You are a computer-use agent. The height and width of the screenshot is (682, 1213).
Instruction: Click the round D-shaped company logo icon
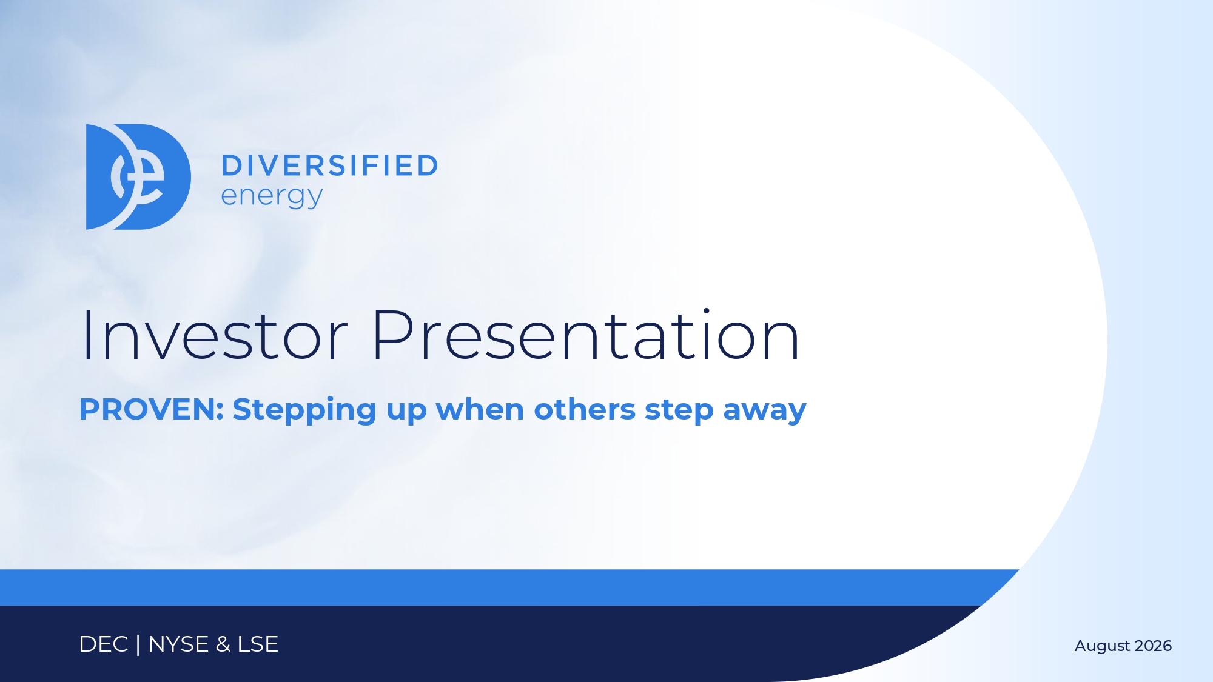138,177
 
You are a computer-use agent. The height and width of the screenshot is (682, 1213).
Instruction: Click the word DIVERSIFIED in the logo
330,166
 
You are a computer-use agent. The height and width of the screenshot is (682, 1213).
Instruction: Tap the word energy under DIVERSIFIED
272,196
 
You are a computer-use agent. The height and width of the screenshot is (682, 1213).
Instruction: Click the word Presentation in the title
586,335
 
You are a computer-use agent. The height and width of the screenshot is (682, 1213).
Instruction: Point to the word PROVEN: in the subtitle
152,409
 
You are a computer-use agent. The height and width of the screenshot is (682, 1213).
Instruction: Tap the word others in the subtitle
585,409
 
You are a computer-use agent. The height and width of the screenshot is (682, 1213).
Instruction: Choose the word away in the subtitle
765,412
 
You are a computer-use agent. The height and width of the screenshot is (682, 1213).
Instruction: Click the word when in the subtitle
480,409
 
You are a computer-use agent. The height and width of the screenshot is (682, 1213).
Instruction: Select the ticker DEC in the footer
104,644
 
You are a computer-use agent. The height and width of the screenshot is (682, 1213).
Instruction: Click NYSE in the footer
178,644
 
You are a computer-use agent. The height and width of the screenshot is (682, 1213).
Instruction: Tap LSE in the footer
258,644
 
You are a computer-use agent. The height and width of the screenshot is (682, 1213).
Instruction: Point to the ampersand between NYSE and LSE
223,644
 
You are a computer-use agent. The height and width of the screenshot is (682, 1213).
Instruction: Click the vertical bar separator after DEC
138,644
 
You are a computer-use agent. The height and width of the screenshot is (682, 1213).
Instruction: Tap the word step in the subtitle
679,411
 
